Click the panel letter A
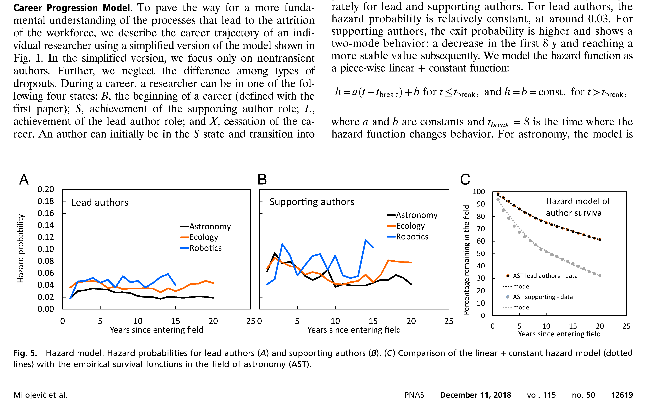24,179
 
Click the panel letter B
262,179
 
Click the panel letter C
465,179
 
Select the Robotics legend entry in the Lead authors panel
201,248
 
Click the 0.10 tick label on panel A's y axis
46,249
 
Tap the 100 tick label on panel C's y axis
479,192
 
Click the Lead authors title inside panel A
100,203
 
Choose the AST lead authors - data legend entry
542,276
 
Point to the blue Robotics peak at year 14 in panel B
365,240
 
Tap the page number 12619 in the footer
622,395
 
